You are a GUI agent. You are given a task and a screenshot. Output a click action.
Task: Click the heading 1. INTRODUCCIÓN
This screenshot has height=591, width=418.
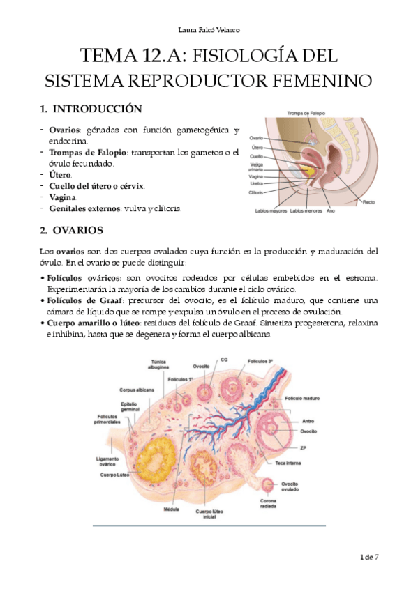click(91, 109)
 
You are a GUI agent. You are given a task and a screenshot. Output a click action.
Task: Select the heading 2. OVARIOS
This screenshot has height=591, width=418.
click(72, 229)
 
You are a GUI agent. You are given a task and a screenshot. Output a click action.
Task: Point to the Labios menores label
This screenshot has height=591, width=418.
click(305, 210)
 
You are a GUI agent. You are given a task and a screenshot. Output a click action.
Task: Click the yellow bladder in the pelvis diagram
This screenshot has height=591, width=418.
click(306, 167)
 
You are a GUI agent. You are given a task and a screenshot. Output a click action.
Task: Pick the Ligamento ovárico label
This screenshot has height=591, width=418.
click(112, 462)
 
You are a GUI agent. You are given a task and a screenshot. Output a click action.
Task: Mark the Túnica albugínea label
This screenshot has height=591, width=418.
click(158, 365)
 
